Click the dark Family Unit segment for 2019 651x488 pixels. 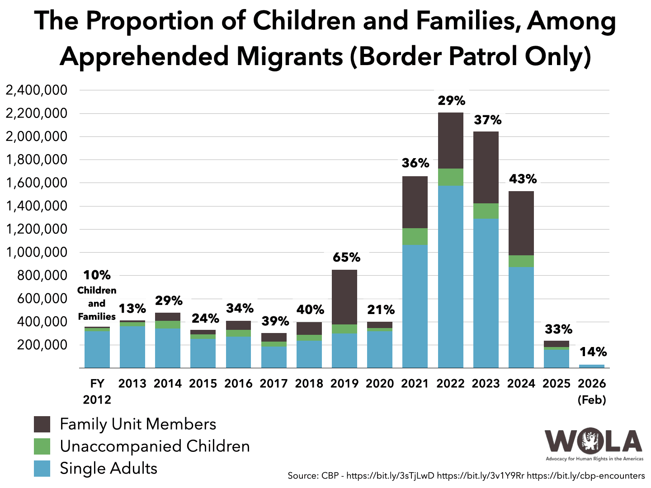click(x=344, y=297)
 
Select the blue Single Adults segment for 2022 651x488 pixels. click(x=451, y=277)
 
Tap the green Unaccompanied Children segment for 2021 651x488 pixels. click(x=415, y=236)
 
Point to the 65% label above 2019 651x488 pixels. click(x=347, y=258)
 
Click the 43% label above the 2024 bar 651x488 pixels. click(x=523, y=179)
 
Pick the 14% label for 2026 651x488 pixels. click(x=593, y=352)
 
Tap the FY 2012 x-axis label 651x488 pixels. click(x=97, y=391)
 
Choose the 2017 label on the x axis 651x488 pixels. click(x=274, y=383)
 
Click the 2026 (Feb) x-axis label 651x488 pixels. click(x=592, y=391)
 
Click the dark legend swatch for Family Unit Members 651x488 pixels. click(x=42, y=424)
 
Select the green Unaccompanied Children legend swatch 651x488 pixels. click(x=42, y=446)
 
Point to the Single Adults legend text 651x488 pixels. click(x=108, y=469)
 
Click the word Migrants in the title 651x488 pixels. click(x=289, y=56)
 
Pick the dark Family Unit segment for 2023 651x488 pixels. click(x=486, y=167)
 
